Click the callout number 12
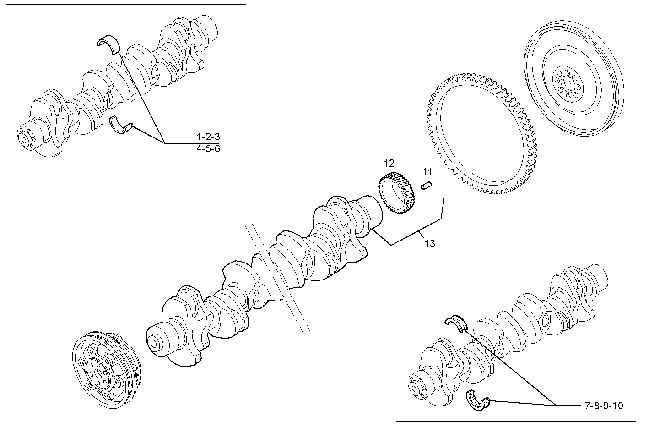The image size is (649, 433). [389, 163]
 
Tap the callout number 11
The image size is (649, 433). [427, 172]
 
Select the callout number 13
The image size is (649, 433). [429, 243]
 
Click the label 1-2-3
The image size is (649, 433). [208, 137]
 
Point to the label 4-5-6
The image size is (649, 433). [208, 149]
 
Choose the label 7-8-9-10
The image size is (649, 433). [604, 406]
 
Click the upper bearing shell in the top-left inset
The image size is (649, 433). [108, 43]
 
